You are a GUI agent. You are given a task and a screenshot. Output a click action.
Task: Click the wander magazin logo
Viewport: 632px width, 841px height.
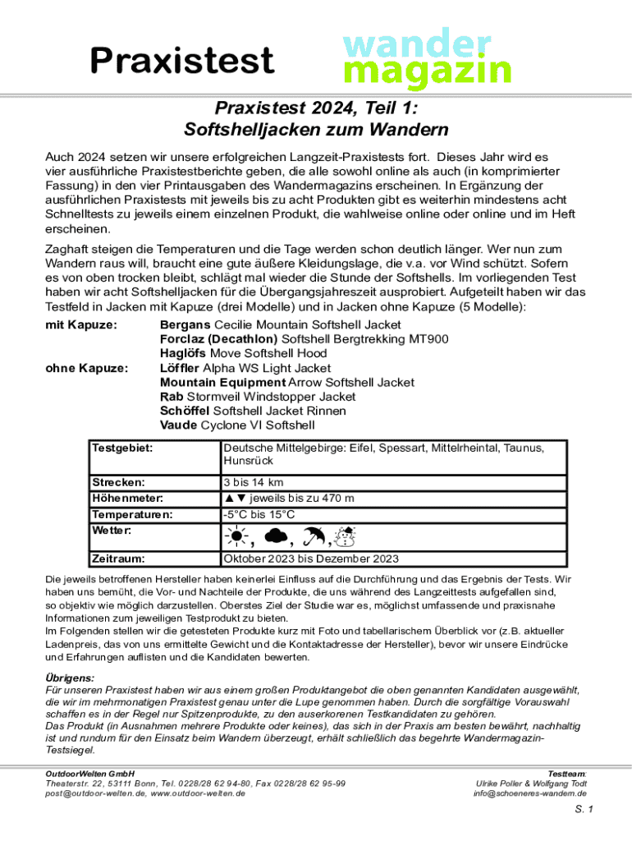[x=426, y=57]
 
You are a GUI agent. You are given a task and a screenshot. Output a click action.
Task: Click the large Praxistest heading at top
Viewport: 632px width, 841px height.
[x=181, y=60]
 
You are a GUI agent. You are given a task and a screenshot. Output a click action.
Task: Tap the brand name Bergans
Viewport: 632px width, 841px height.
[x=185, y=326]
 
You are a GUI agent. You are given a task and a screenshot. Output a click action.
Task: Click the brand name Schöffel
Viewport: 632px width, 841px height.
[x=184, y=411]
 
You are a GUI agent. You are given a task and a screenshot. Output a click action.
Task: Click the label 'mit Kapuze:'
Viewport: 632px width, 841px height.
[x=80, y=326]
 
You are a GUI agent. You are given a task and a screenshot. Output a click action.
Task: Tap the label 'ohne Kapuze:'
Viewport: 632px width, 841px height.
[x=85, y=369]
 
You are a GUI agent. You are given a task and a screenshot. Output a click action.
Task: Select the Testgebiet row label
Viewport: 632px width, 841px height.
[x=123, y=448]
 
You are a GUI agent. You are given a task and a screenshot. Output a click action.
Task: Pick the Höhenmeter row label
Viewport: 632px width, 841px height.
[x=127, y=499]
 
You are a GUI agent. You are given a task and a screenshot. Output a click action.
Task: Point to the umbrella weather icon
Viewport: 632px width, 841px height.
[x=314, y=537]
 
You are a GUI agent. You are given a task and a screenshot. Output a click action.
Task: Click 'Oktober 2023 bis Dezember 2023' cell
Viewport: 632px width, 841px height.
[x=311, y=559]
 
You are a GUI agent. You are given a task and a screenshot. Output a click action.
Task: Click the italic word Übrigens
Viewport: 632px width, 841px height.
[x=69, y=678]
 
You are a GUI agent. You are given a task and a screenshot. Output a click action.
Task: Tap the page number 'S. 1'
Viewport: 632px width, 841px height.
[x=584, y=809]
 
